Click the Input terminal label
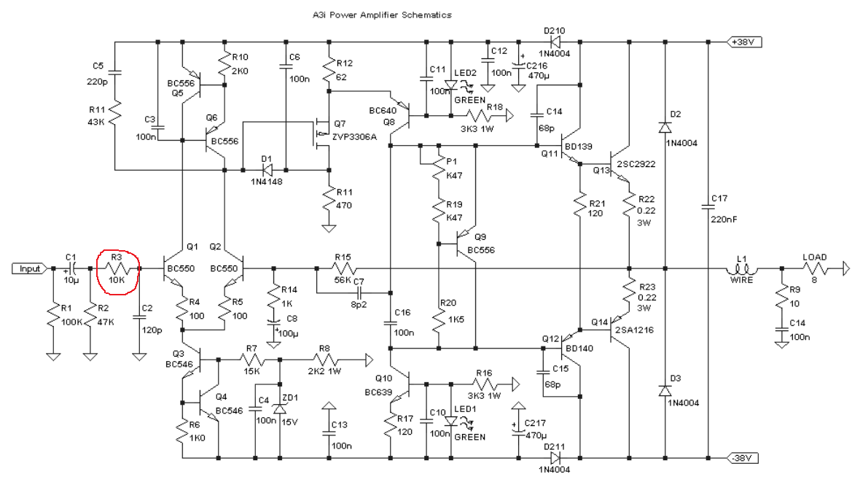click(x=29, y=268)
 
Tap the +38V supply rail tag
click(x=744, y=42)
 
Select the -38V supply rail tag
click(x=743, y=458)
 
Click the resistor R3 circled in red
click(x=118, y=268)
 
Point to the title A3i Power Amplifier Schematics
click(x=381, y=15)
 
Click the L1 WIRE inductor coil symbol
click(x=742, y=268)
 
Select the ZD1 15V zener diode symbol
click(x=280, y=408)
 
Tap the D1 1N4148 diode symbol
click(x=266, y=170)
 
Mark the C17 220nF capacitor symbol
click(x=708, y=206)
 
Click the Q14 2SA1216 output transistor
click(x=618, y=330)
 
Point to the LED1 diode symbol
click(x=450, y=421)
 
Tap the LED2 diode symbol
click(x=450, y=85)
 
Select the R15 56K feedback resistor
click(x=343, y=268)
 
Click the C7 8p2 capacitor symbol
click(x=359, y=293)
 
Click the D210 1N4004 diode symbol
click(x=555, y=42)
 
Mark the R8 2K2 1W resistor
click(x=325, y=360)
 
